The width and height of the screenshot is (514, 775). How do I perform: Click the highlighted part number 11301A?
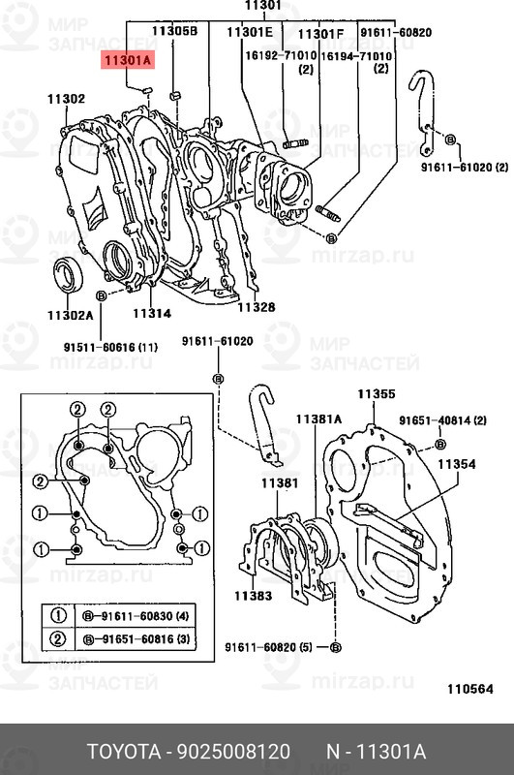tap(128, 60)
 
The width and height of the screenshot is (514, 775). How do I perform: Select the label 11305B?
tap(174, 31)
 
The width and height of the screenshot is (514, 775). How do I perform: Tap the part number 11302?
tap(66, 99)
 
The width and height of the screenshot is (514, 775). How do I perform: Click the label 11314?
tap(152, 313)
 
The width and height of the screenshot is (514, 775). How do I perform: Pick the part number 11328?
tap(257, 307)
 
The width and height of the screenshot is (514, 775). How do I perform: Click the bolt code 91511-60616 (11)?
tap(110, 348)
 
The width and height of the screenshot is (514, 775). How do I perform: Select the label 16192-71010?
tap(281, 56)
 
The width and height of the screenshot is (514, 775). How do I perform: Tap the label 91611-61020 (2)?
tap(464, 167)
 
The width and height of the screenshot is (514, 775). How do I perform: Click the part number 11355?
tap(377, 394)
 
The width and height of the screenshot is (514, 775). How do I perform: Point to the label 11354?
tap(457, 464)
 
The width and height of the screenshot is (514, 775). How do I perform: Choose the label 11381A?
tap(318, 419)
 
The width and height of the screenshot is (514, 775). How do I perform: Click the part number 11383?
tap(254, 596)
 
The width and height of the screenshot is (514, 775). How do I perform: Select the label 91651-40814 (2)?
tap(443, 420)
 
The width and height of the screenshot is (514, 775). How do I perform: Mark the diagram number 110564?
tap(470, 689)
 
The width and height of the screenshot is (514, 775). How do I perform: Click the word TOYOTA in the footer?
tap(124, 752)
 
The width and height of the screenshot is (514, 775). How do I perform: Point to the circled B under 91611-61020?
tap(218, 379)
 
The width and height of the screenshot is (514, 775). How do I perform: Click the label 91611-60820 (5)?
tap(268, 647)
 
